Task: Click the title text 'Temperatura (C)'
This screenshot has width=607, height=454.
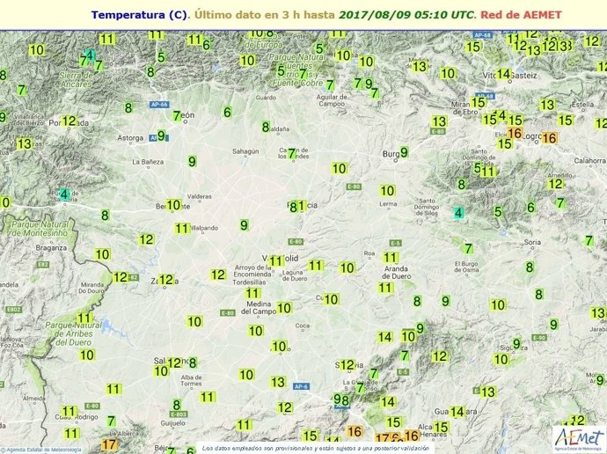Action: click(139, 15)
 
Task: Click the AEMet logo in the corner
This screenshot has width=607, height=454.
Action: click(577, 436)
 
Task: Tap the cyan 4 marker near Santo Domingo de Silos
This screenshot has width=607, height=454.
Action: click(458, 213)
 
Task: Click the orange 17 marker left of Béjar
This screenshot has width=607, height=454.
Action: click(109, 444)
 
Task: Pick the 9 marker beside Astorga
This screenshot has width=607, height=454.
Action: click(161, 135)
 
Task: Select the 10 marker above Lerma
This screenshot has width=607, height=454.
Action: click(387, 190)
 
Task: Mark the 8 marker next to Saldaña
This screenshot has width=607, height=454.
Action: click(266, 127)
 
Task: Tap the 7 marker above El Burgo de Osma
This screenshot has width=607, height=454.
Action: click(468, 248)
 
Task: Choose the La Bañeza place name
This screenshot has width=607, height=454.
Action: click(148, 162)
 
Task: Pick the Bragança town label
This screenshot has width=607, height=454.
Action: click(51, 248)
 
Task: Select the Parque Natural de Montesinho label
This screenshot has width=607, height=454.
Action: click(39, 230)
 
